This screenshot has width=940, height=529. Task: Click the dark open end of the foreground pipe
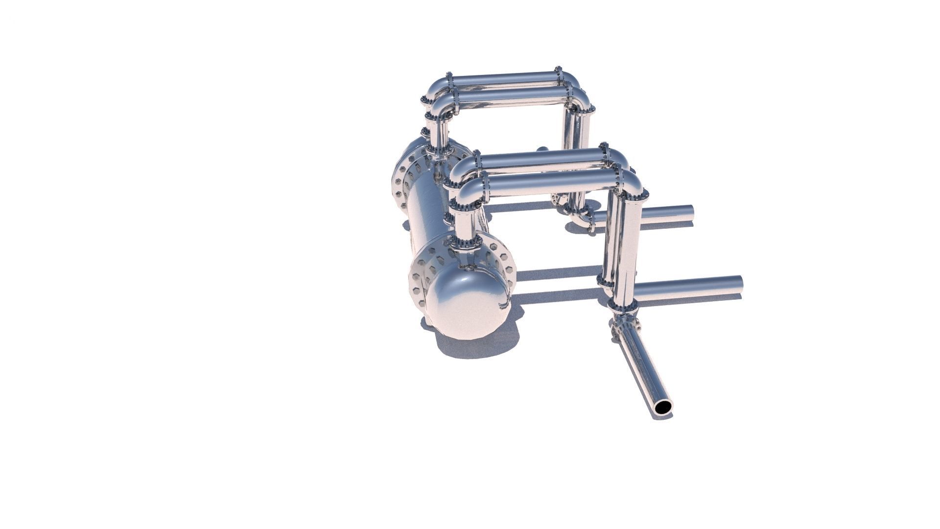[664, 407]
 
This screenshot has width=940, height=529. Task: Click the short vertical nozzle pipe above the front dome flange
[464, 225]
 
